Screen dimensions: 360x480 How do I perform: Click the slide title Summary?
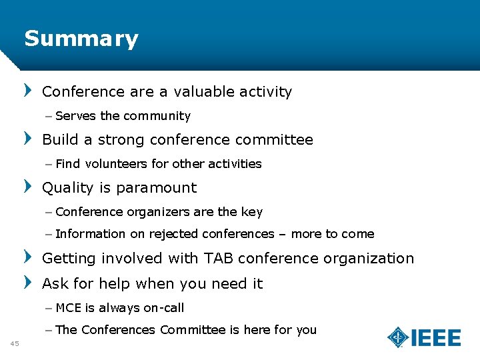click(81, 39)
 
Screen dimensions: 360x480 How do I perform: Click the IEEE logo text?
click(436, 338)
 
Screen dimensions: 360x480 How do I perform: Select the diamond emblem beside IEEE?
click(399, 337)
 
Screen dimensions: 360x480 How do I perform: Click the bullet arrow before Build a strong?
click(28, 139)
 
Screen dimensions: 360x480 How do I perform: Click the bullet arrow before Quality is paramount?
click(28, 187)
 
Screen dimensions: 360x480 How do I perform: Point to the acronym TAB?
click(219, 259)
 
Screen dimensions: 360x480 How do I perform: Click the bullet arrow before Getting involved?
click(28, 257)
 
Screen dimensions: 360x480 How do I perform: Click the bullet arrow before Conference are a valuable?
click(28, 91)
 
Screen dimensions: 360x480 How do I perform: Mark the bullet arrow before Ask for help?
click(28, 283)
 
